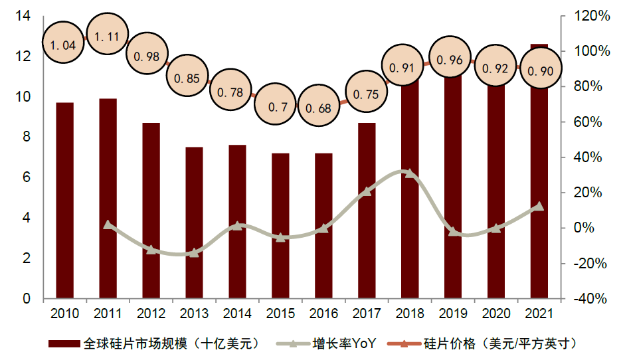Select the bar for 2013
tap(194, 223)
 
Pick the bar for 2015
tap(280, 226)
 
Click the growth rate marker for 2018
tap(410, 174)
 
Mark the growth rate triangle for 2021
tap(539, 207)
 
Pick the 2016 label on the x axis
tap(323, 313)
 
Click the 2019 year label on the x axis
tap(453, 313)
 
